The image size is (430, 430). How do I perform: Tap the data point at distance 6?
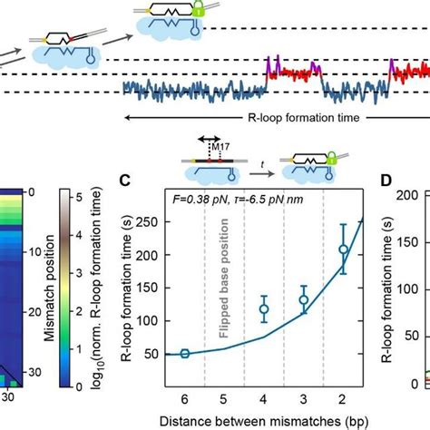[184, 353]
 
